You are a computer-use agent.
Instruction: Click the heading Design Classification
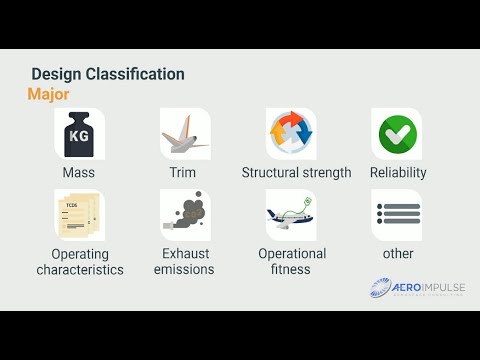[107, 75]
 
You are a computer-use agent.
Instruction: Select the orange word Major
[48, 95]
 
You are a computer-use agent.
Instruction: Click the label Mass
[78, 172]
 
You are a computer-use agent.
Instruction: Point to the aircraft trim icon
[184, 133]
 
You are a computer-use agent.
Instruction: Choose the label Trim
[183, 172]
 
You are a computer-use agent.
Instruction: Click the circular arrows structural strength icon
[291, 133]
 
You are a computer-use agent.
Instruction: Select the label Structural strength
[296, 172]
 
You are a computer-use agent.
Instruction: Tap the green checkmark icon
[397, 133]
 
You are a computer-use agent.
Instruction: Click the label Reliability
[398, 172]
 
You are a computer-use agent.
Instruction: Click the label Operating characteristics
[80, 261]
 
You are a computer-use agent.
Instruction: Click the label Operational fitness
[292, 261]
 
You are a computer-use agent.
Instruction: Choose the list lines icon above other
[397, 213]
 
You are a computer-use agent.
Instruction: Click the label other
[398, 254]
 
